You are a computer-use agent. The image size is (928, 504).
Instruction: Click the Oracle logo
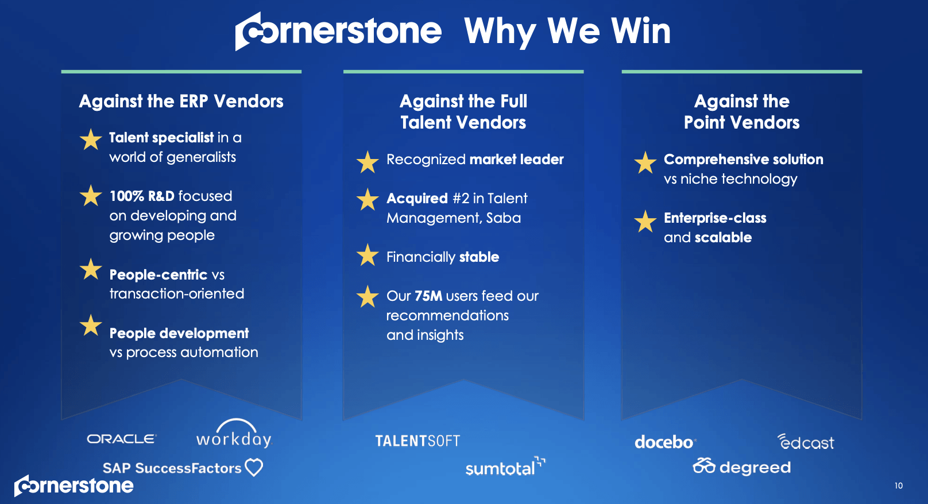tap(121, 439)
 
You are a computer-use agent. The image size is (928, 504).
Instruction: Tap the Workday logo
tap(234, 436)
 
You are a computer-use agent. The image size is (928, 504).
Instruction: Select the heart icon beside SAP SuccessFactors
tap(254, 467)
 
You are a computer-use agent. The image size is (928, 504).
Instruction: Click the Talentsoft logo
tap(417, 441)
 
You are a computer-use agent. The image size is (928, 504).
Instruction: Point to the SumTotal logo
tap(504, 468)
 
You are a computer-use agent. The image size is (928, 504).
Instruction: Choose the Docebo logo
tap(664, 442)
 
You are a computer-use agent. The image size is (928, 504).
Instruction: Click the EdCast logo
tap(806, 442)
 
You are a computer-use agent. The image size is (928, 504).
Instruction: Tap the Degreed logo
tap(742, 467)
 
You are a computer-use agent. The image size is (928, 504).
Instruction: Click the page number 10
tap(898, 486)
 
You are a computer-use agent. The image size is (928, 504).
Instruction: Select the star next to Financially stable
tap(368, 255)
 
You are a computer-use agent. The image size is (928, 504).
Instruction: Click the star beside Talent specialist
tap(91, 139)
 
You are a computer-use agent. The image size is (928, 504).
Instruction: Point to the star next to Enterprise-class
tap(645, 221)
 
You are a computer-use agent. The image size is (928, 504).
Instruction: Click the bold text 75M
tap(428, 296)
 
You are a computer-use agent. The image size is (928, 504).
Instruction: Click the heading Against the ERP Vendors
tap(181, 102)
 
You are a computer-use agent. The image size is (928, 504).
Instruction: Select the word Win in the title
tap(641, 31)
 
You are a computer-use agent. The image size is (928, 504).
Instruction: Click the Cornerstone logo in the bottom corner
tap(74, 486)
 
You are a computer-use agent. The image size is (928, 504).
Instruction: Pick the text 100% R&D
tap(142, 196)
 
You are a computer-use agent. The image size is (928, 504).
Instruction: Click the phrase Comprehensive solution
tap(743, 160)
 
